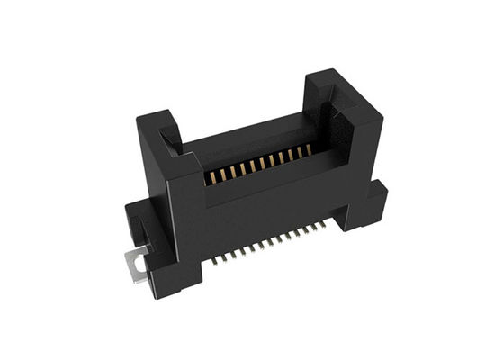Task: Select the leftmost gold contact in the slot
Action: (208, 178)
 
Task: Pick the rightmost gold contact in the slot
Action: (308, 150)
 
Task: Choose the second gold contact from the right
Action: (299, 153)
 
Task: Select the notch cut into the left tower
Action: (171, 139)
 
